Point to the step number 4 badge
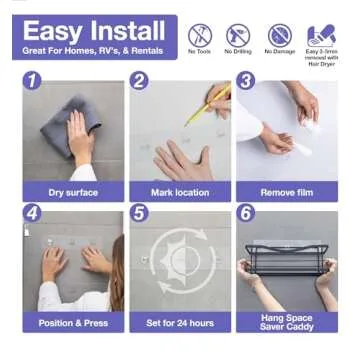pos(33,213)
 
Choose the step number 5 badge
pos(140,213)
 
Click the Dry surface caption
pos(73,192)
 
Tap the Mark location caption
pos(180,192)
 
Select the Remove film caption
pos(286,192)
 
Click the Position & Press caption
pos(73,323)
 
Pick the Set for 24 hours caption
pos(180,323)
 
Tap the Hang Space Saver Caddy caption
pos(286,322)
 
